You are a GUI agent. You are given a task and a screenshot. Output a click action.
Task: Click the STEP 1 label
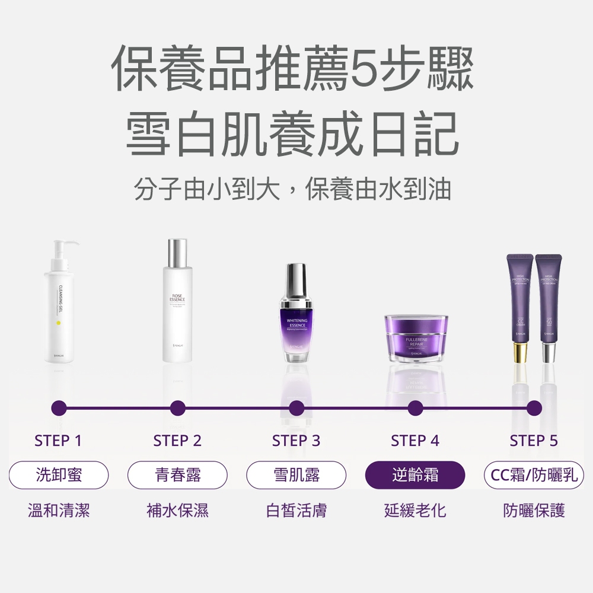point(58,441)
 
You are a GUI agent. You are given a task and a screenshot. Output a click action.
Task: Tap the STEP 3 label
point(296,441)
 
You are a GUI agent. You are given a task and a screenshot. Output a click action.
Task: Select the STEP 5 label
point(534,441)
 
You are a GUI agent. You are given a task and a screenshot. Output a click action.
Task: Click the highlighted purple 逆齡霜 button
point(415,474)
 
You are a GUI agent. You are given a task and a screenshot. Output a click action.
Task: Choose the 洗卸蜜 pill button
point(59,474)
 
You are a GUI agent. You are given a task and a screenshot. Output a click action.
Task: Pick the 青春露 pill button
point(178,474)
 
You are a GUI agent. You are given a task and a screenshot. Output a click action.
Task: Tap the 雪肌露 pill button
point(296,474)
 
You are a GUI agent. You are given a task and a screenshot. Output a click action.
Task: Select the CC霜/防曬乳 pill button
point(534,474)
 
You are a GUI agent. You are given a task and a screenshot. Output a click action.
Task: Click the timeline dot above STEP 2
point(177,408)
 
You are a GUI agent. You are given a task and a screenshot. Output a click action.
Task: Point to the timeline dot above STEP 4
point(415,408)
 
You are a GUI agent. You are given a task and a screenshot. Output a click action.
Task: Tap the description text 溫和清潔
point(59,510)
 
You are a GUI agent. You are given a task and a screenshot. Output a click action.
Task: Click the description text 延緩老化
point(415,510)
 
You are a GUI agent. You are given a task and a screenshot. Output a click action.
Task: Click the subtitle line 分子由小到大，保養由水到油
point(292,189)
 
